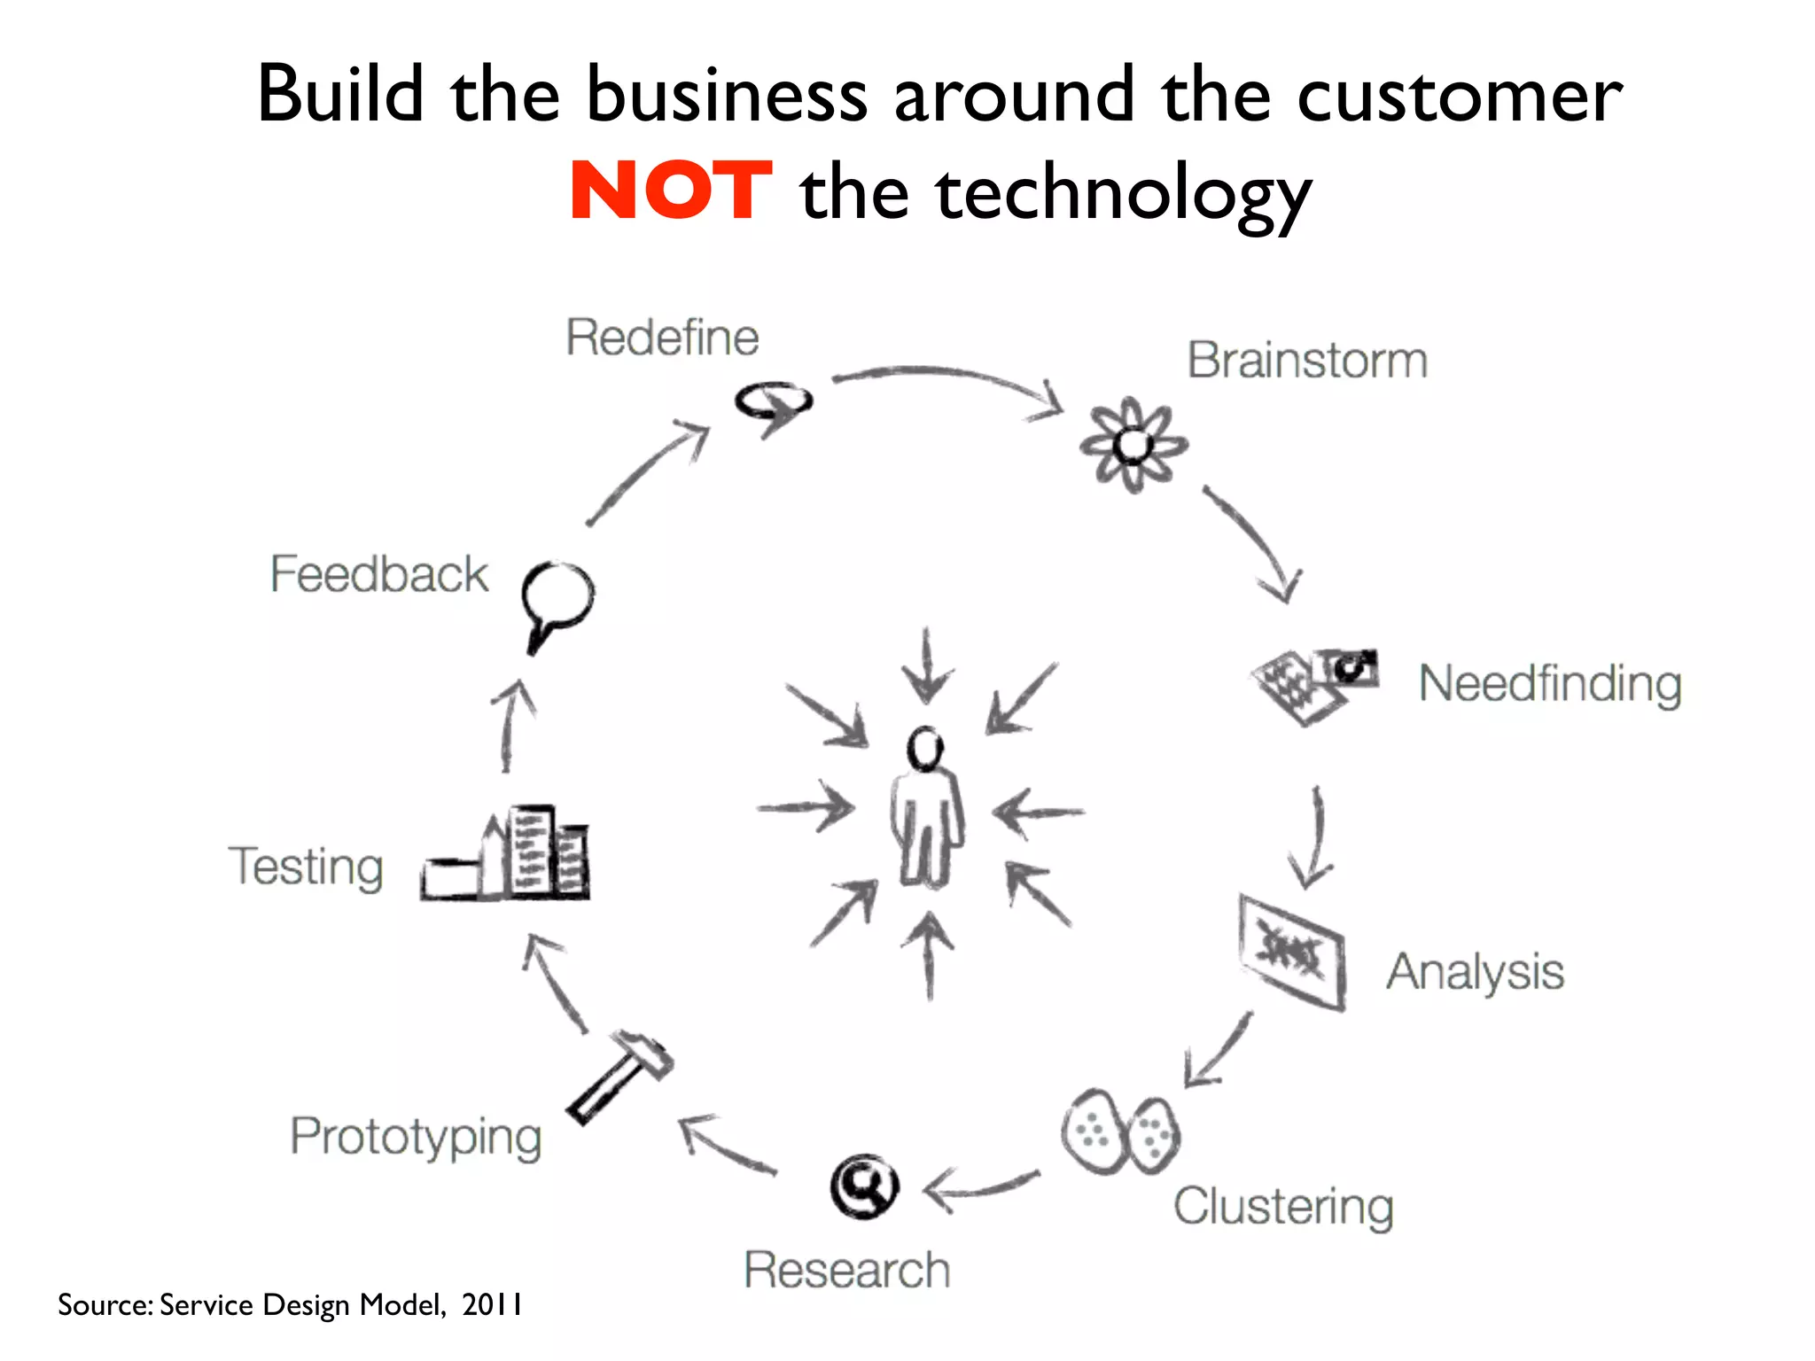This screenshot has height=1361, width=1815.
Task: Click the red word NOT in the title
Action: click(x=671, y=191)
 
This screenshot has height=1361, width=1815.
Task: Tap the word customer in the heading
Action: click(x=1460, y=95)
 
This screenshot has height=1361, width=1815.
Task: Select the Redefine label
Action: click(x=662, y=338)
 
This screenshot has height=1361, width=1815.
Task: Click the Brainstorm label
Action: click(x=1307, y=361)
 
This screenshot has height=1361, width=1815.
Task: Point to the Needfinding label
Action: click(x=1550, y=684)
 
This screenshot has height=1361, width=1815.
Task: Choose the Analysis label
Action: click(x=1476, y=973)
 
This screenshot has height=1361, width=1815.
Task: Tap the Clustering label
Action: click(x=1283, y=1207)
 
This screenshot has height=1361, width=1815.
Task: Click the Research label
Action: click(x=847, y=1270)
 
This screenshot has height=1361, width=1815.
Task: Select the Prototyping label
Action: click(x=417, y=1137)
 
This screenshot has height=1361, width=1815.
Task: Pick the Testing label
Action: click(x=307, y=867)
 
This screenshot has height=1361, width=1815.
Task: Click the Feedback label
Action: click(x=379, y=574)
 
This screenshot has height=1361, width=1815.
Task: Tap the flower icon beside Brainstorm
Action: click(x=1133, y=444)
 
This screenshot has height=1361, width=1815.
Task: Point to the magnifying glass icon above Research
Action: click(x=864, y=1186)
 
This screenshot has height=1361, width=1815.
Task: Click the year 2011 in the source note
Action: click(x=492, y=1304)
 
